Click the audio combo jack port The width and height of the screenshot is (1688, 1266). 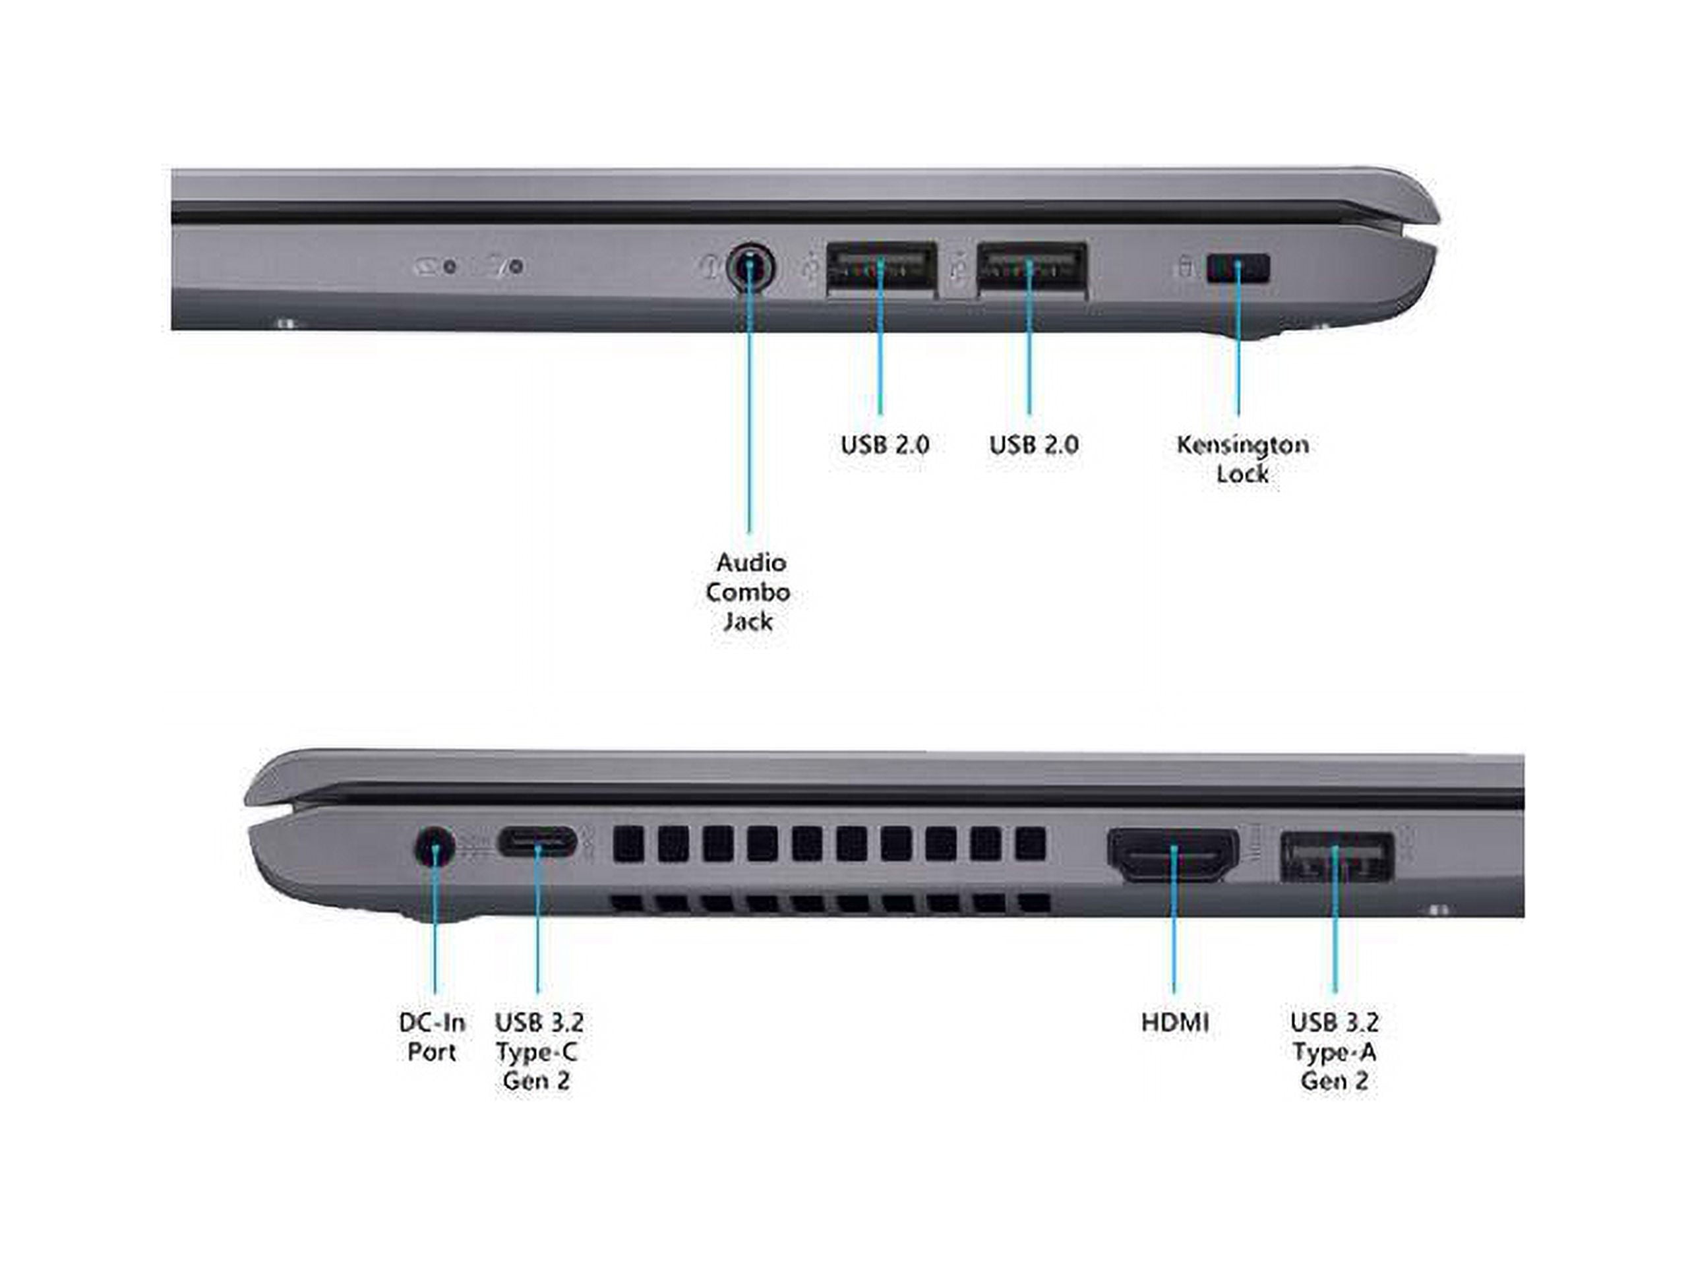750,268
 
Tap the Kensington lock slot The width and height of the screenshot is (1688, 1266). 1238,268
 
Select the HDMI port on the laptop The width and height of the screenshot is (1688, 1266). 1173,855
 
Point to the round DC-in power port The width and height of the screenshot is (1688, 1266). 435,847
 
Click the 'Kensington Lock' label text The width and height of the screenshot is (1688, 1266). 1242,459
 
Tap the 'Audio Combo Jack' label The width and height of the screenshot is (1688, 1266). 748,591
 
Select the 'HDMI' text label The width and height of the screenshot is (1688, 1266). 1175,1022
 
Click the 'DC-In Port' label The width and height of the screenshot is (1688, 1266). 432,1037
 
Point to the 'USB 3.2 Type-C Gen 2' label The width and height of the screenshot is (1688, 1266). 538,1051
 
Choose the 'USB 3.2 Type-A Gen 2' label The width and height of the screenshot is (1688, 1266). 1335,1051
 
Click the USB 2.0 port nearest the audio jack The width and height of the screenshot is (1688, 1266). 882,266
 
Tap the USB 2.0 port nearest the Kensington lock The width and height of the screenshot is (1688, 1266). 1032,266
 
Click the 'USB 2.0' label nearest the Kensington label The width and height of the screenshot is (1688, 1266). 1034,444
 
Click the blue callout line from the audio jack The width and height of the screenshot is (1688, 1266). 749,397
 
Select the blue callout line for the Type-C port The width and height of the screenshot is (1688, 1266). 538,918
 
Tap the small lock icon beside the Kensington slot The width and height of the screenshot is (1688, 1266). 1185,267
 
